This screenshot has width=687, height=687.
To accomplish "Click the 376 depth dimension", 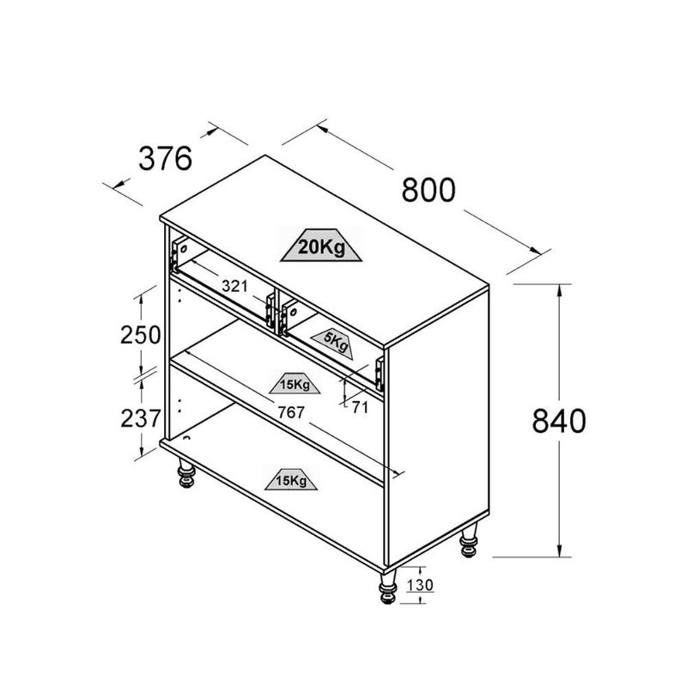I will pos(164,159).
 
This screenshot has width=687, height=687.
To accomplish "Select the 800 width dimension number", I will pos(429,191).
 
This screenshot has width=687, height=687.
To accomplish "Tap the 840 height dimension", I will pos(559,421).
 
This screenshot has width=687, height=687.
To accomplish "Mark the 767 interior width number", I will pos(290,413).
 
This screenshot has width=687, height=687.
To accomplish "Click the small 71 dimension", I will pos(360,408).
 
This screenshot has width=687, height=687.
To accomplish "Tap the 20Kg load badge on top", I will pos(321,248).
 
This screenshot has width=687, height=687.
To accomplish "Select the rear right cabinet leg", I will pos(469,543).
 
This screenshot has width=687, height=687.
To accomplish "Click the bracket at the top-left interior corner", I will pos(179,252).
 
